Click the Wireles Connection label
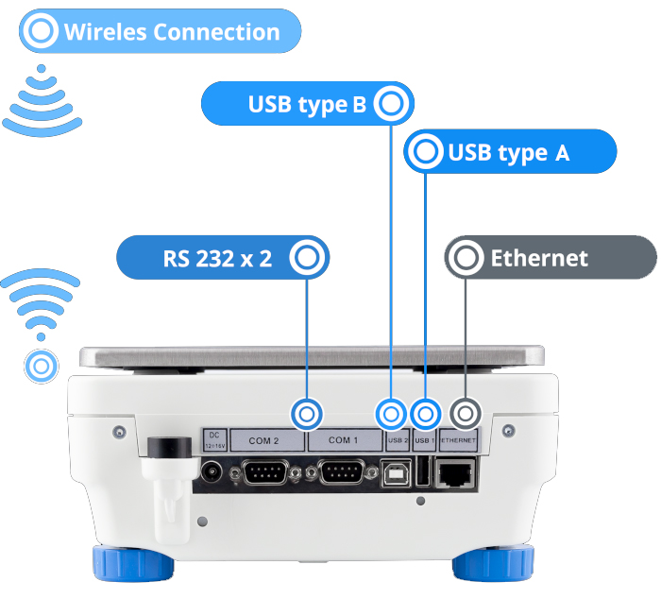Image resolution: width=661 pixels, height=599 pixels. pos(171,32)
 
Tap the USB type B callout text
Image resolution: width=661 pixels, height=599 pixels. pos(306,104)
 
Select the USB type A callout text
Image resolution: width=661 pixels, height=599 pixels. pos(509,152)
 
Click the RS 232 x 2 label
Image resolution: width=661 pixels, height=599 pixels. pos(217,257)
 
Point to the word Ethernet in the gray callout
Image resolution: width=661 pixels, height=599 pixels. pos(539,258)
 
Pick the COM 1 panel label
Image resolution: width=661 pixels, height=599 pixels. pos(344,439)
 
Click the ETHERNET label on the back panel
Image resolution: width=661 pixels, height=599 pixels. pos(459,439)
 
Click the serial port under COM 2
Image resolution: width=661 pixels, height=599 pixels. pos(267,471)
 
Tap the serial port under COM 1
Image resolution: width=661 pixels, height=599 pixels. pos(344,471)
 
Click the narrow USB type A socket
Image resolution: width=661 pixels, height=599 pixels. pos(423,471)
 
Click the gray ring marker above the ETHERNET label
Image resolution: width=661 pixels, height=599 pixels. pos(464,413)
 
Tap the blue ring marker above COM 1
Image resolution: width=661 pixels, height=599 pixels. pos(308,413)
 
